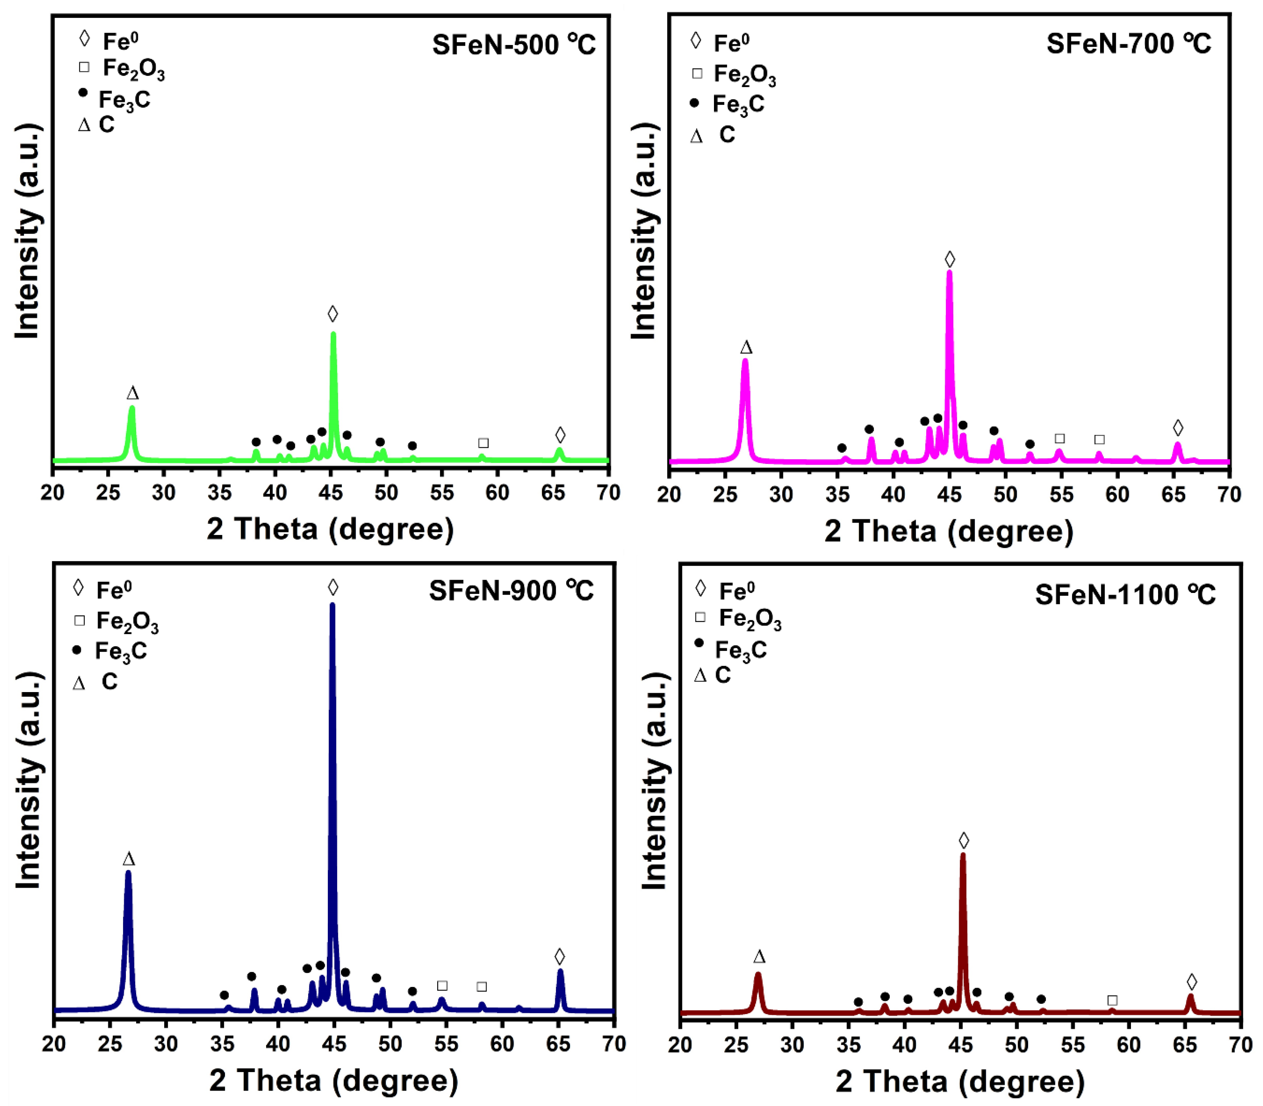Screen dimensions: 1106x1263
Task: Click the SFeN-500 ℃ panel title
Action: (514, 45)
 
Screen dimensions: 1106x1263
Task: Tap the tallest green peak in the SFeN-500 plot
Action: (333, 336)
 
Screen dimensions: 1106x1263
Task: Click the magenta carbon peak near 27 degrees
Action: (745, 364)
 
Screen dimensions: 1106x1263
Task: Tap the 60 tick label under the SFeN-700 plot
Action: (1117, 495)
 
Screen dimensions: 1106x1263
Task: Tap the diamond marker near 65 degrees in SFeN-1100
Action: (1191, 981)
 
